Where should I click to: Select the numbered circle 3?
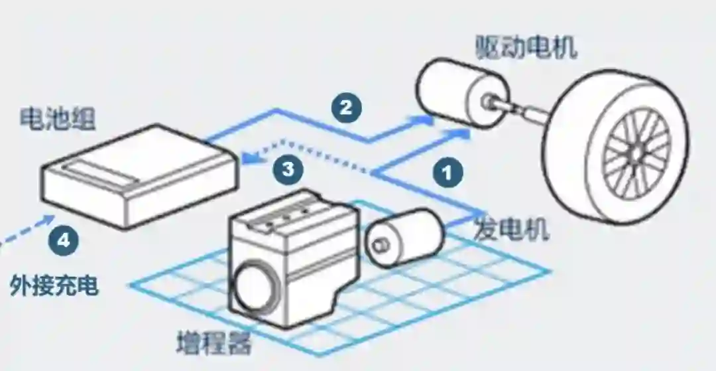tap(288, 169)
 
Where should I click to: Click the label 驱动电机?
tap(526, 48)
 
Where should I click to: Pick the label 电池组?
tap(58, 119)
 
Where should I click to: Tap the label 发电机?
tap(512, 230)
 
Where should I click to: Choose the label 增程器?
tap(213, 344)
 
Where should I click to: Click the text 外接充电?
tap(54, 285)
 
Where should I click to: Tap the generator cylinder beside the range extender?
tap(404, 235)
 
